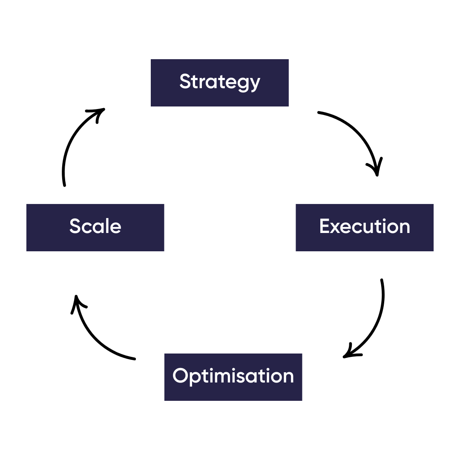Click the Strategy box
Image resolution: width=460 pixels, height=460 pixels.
(219, 83)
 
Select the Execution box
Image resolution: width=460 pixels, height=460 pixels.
(364, 227)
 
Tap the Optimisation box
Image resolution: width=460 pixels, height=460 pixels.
(233, 377)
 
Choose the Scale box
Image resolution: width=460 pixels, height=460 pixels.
(95, 227)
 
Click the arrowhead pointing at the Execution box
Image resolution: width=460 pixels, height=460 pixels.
(376, 169)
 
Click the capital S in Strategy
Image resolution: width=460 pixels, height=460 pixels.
(184, 81)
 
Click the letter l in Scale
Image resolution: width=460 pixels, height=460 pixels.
(109, 225)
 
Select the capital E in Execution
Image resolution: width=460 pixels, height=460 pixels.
(325, 226)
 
